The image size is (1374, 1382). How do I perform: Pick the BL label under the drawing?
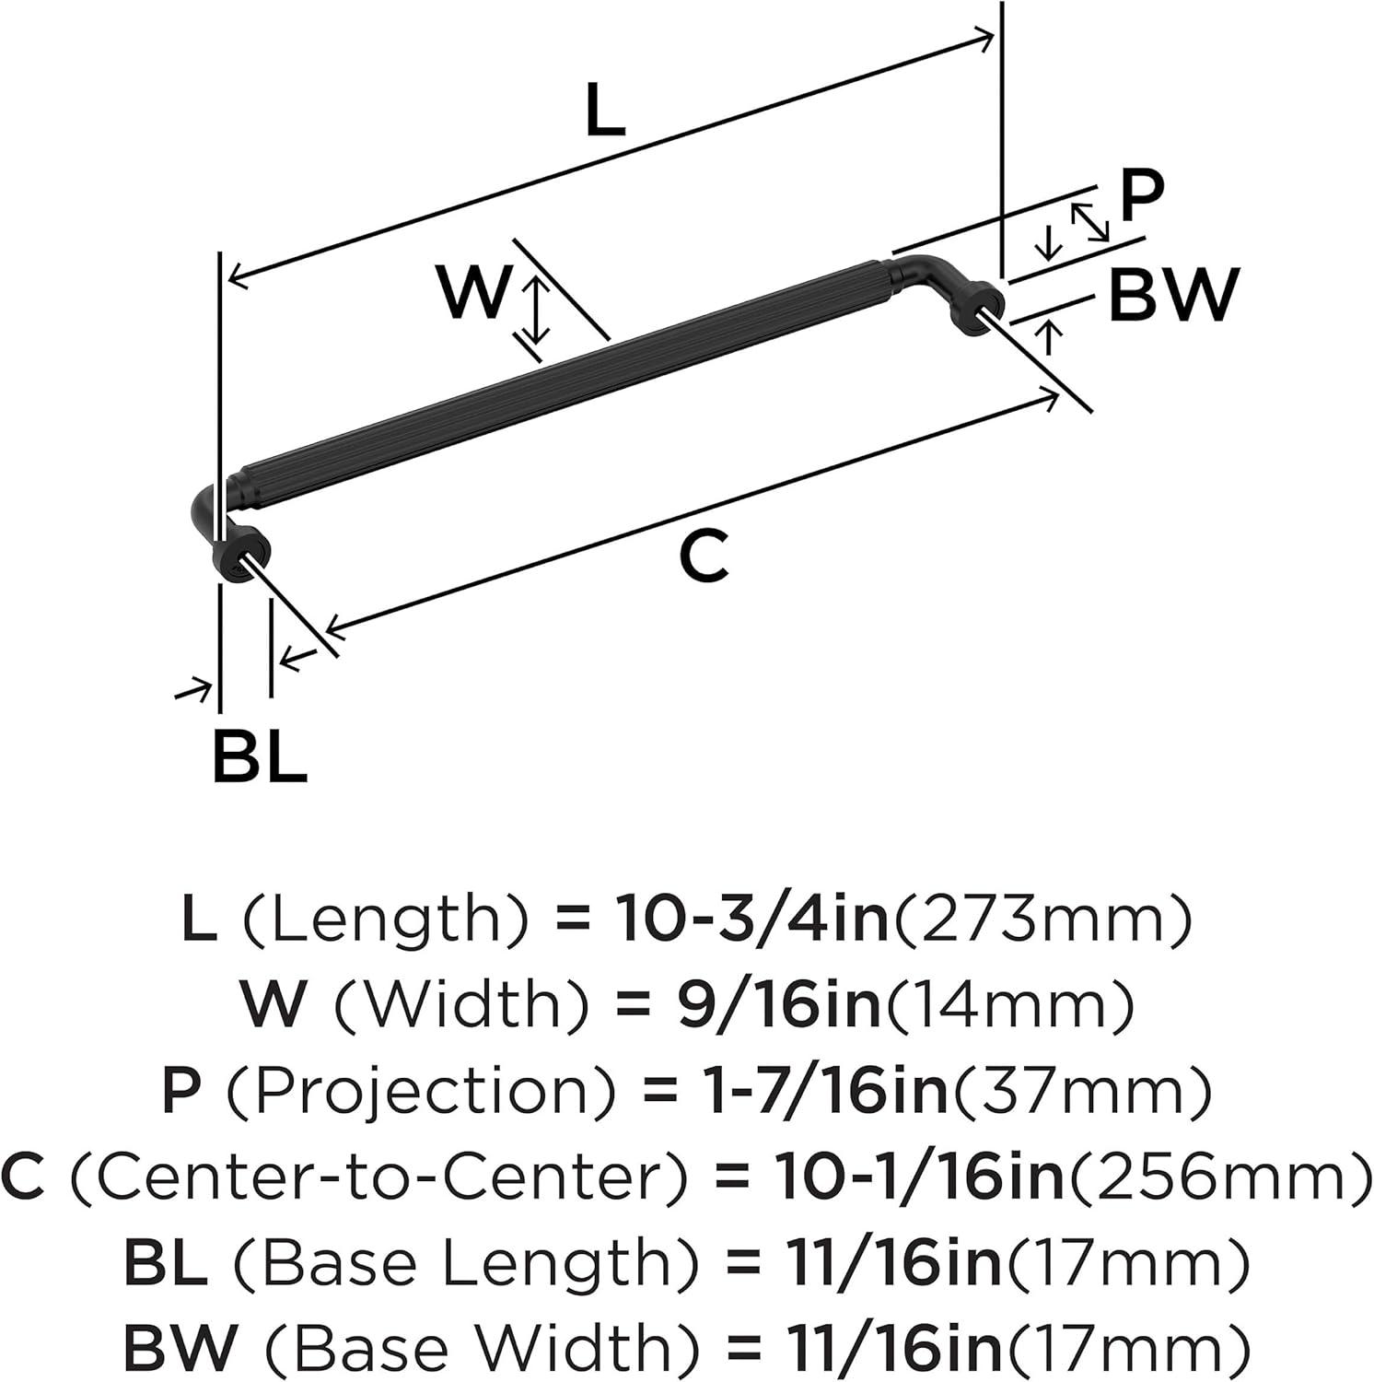pyautogui.click(x=259, y=756)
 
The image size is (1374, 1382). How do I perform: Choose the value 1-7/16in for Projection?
pyautogui.click(x=819, y=1090)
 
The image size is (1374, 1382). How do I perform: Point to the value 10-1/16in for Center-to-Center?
pyautogui.click(x=922, y=1177)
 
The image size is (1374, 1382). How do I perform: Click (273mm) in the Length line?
pyautogui.click(x=1040, y=921)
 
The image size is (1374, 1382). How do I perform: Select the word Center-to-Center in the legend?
pyautogui.click(x=378, y=1177)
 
